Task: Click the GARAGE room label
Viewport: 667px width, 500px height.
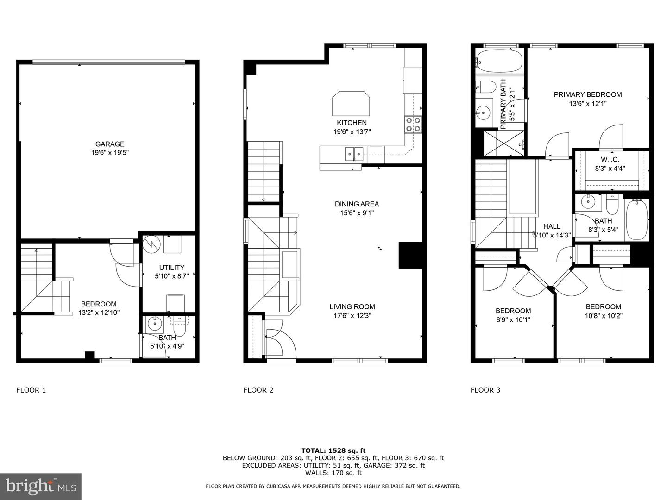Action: tap(110, 144)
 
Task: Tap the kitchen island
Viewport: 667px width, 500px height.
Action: tap(351, 104)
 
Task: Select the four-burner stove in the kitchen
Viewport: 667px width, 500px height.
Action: tap(413, 125)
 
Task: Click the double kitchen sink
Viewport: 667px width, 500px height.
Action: tap(354, 154)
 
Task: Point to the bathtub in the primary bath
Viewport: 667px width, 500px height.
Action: tap(499, 61)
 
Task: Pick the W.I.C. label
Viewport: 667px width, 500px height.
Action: tap(610, 159)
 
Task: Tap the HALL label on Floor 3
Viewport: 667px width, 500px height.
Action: tap(552, 226)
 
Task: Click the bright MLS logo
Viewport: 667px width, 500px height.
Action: tap(41, 486)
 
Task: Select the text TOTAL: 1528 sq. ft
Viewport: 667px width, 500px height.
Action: tap(333, 450)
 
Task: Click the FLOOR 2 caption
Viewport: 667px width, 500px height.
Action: tap(258, 390)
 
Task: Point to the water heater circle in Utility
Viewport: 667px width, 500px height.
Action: tap(151, 244)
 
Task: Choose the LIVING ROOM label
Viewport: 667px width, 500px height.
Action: tap(352, 306)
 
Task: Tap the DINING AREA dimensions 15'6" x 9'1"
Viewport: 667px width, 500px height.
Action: tap(357, 213)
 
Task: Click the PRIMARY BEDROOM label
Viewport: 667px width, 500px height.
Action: tap(588, 94)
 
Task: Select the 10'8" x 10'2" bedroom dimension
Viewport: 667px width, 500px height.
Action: tap(604, 316)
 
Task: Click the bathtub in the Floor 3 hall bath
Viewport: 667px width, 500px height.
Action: tap(637, 219)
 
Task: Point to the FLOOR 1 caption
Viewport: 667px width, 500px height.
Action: tap(31, 390)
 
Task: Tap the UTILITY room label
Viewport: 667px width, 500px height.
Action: tap(172, 267)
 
